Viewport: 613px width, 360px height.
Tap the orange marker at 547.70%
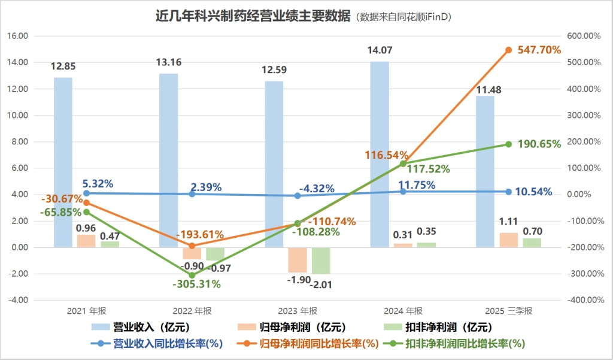pyautogui.click(x=508, y=50)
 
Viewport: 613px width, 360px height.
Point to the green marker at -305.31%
pyautogui.click(x=192, y=275)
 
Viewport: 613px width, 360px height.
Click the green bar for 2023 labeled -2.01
pyautogui.click(x=321, y=261)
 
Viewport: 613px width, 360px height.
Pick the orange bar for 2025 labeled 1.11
pyautogui.click(x=508, y=240)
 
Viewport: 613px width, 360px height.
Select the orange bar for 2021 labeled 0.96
pyautogui.click(x=86, y=241)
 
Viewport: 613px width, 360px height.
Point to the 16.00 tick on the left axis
pyautogui.click(x=17, y=36)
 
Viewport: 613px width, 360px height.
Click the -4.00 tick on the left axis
pyautogui.click(x=17, y=300)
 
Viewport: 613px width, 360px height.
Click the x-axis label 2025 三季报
pyautogui.click(x=508, y=311)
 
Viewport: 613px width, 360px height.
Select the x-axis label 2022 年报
pyautogui.click(x=192, y=311)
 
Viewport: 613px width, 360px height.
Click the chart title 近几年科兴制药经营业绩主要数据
pyautogui.click(x=253, y=16)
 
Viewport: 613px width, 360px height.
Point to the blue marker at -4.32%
pyautogui.click(x=298, y=196)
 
